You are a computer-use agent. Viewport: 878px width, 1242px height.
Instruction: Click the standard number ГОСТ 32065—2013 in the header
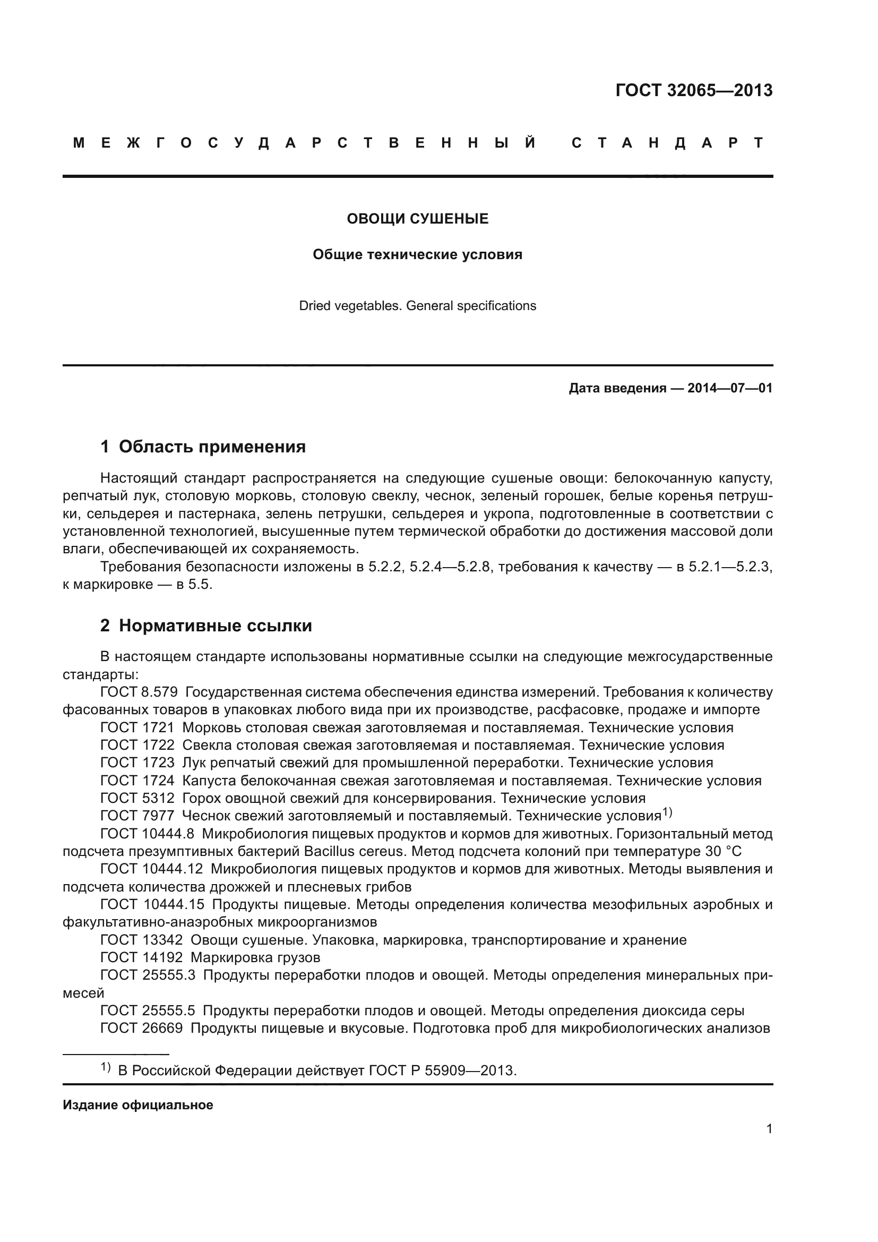click(x=694, y=90)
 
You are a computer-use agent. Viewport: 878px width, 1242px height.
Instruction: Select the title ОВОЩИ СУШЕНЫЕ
click(x=417, y=219)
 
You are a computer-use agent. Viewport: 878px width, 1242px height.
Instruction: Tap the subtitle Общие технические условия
click(x=417, y=254)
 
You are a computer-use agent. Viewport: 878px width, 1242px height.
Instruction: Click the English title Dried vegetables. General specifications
click(x=417, y=306)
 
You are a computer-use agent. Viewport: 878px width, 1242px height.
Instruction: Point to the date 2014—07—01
click(x=730, y=388)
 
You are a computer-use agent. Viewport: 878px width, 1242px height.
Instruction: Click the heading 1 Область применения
click(x=203, y=447)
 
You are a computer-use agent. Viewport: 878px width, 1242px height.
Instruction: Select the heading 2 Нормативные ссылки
click(x=206, y=626)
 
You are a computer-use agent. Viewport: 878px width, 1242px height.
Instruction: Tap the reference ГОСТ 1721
click(x=137, y=727)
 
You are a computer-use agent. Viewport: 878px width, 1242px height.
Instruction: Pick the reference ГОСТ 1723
click(x=137, y=763)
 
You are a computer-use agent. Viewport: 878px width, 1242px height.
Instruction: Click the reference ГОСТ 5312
click(x=137, y=798)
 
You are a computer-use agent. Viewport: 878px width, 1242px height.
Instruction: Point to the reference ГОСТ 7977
click(x=137, y=816)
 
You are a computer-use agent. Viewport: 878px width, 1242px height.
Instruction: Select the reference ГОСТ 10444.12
click(x=151, y=869)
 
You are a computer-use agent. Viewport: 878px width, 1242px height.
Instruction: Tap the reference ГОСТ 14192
click(x=142, y=957)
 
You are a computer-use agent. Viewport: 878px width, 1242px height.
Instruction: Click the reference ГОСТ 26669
click(x=142, y=1028)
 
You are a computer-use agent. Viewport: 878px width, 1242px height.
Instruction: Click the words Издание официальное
click(x=138, y=1105)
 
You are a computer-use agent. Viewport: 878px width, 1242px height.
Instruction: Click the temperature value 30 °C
click(x=724, y=851)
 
